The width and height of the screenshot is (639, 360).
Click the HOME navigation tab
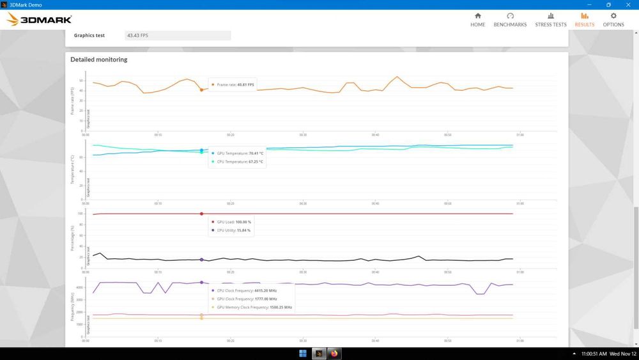[477, 19]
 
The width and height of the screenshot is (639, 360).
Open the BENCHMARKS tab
[510, 19]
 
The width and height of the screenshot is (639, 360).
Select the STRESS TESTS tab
[550, 19]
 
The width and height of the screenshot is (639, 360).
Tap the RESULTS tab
[584, 19]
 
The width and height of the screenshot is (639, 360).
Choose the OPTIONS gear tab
[613, 19]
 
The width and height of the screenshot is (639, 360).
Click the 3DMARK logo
[40, 20]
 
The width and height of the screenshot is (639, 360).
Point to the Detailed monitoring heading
[98, 59]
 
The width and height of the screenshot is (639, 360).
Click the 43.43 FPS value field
[178, 36]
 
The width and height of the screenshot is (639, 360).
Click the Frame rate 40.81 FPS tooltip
[235, 84]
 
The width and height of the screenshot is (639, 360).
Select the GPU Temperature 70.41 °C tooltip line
[239, 153]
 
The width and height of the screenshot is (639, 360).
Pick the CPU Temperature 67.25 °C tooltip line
[239, 162]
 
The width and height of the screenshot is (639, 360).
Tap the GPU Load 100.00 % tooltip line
[233, 222]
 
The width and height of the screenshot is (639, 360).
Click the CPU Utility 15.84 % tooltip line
[233, 230]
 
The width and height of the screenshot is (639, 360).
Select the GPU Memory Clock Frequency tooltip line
[254, 307]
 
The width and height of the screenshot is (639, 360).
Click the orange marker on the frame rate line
[201, 90]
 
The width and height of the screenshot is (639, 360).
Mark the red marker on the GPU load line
[201, 214]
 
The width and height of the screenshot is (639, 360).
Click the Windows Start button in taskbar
[302, 353]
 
